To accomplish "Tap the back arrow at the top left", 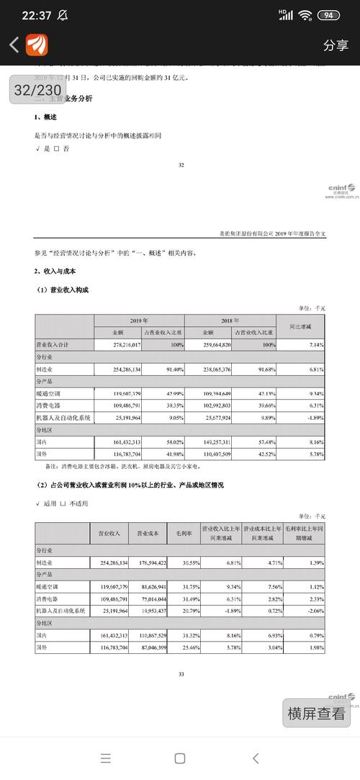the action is (14, 45).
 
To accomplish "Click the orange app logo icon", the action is (37, 45).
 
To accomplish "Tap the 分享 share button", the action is (336, 45).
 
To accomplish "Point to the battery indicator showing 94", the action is (328, 15).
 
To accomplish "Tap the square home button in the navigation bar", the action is (180, 758).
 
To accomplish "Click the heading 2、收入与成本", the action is (55, 271).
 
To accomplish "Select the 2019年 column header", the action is (139, 320).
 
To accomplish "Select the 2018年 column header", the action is (230, 320).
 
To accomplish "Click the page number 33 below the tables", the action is (181, 673).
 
